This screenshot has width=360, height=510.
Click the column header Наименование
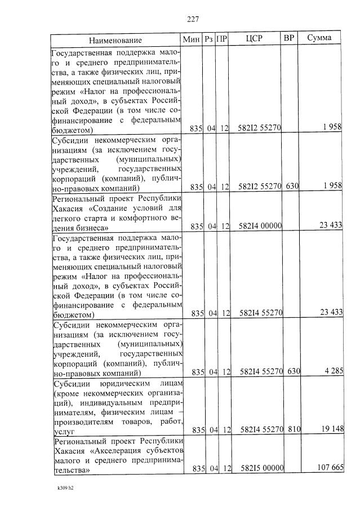[x=115, y=40]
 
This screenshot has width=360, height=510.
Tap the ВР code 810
[x=292, y=430]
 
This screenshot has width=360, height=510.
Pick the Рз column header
[x=208, y=39]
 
